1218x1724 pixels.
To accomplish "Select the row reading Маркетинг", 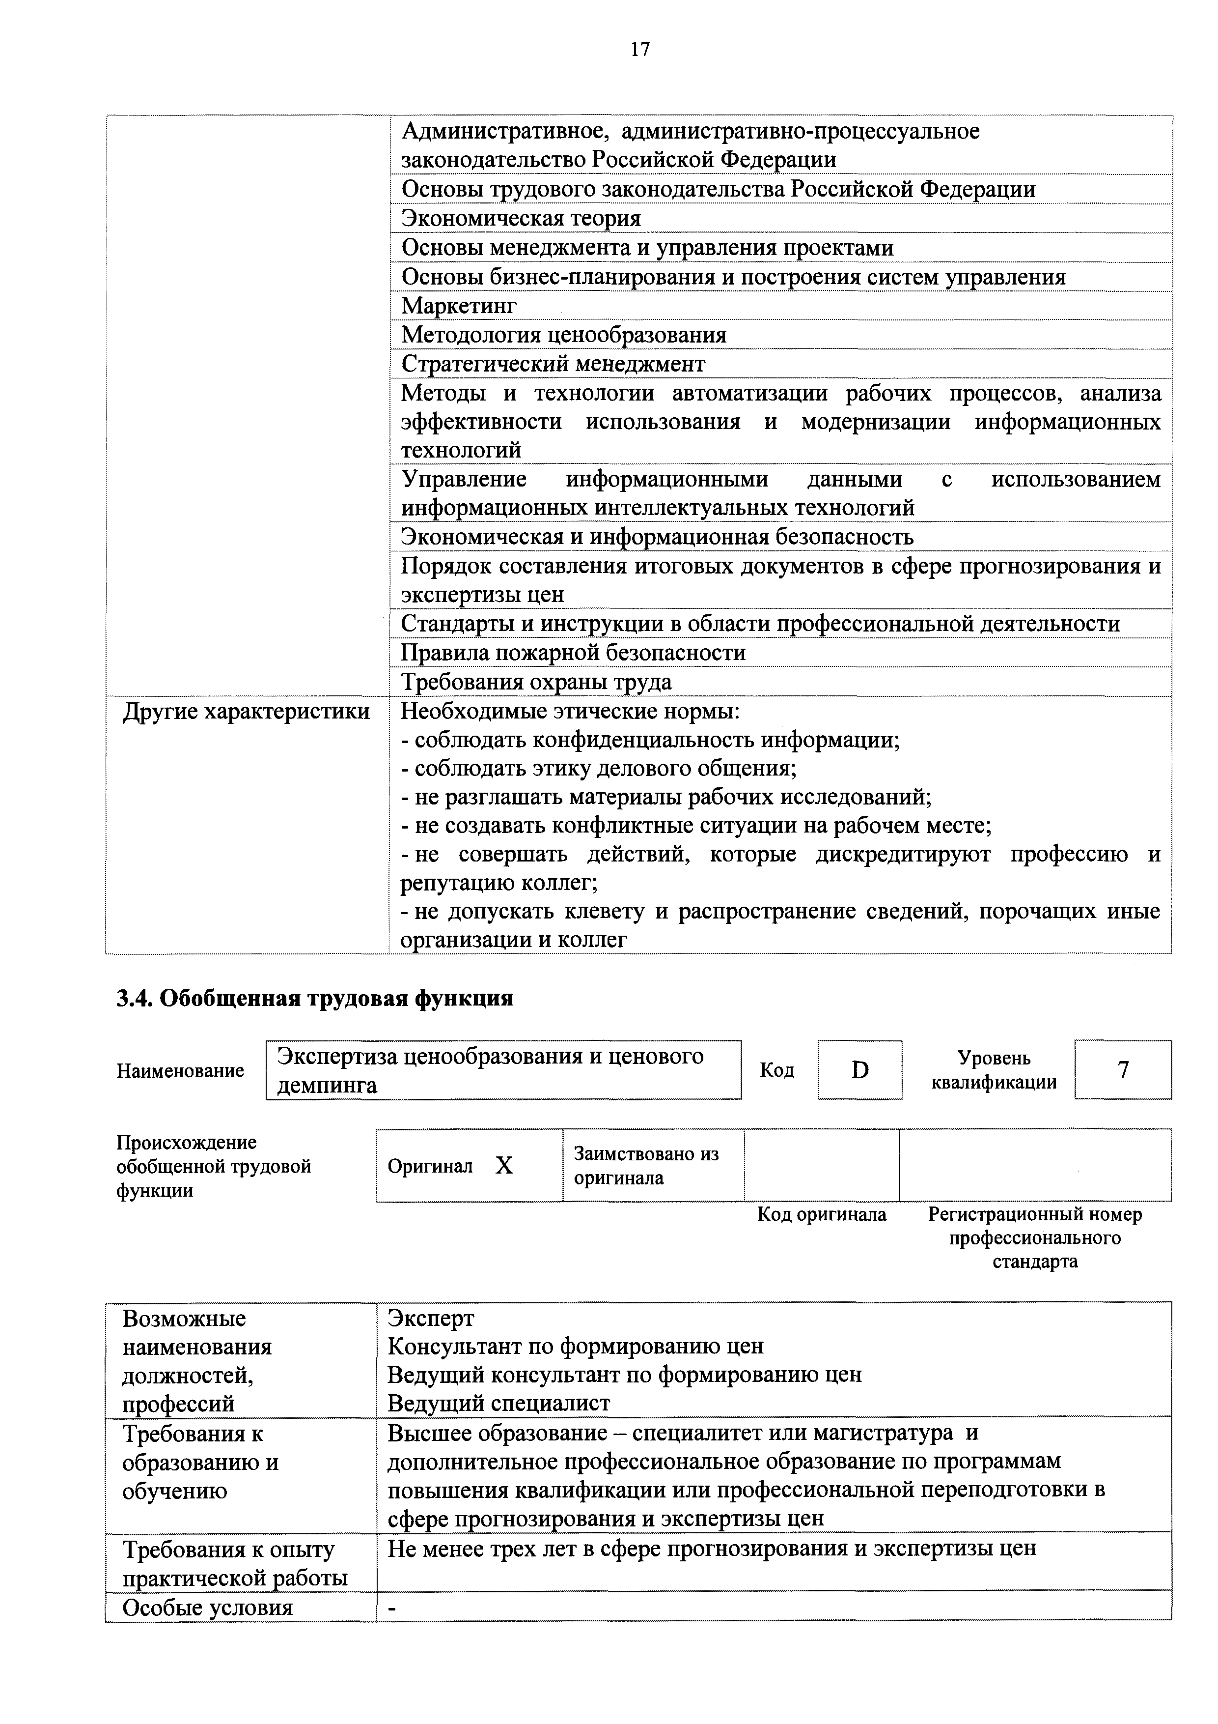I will [x=459, y=306].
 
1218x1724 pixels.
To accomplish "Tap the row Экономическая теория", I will [x=521, y=219].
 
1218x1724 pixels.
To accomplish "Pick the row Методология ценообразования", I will [x=564, y=335].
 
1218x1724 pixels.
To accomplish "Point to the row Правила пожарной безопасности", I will [x=573, y=653].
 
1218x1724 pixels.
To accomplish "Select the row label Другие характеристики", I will [x=246, y=711].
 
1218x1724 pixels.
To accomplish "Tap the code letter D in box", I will [x=860, y=1069].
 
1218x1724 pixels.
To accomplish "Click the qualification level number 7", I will [x=1123, y=1069].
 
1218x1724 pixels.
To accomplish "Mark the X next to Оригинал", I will [x=504, y=1165].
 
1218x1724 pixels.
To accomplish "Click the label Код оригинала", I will [x=821, y=1214].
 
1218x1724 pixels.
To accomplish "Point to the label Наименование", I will [x=180, y=1071].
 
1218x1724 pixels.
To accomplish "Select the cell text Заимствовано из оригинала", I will [x=646, y=1165].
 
